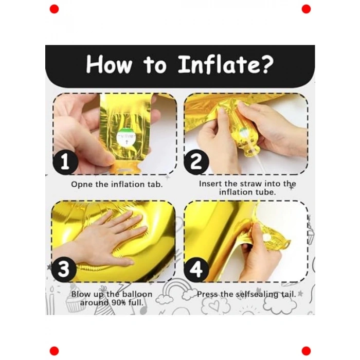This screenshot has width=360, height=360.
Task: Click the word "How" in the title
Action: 109,66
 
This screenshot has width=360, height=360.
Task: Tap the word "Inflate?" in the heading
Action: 226,66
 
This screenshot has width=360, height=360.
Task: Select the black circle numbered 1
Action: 65,163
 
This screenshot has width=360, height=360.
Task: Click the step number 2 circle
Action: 196,163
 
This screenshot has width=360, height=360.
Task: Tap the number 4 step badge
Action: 196,269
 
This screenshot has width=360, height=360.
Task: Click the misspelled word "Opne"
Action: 82,184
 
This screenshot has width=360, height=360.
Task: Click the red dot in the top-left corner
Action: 54,9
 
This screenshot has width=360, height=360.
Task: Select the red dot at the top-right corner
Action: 306,9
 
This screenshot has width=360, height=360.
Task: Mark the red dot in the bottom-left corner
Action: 54,351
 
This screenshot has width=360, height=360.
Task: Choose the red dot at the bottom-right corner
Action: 306,351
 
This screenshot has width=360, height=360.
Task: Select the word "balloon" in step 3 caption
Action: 136,294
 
